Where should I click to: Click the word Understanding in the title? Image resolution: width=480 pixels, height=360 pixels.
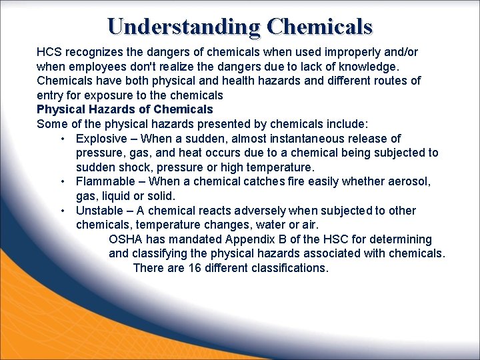coord(183,26)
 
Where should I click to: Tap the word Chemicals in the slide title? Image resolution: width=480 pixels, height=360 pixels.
coord(319,26)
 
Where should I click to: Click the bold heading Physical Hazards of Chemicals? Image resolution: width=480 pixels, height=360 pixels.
coord(125,109)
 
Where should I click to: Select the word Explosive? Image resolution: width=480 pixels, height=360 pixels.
coord(101,139)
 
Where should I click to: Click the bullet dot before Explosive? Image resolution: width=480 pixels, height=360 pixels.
coord(61,139)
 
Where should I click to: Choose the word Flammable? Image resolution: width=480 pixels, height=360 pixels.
coord(103,181)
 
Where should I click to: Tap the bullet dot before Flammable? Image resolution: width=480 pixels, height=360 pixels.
coord(61,181)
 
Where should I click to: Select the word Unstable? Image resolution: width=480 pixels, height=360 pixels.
coord(99,211)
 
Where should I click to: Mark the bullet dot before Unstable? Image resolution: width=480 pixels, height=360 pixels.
coord(61,211)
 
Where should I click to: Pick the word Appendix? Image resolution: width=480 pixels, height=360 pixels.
coord(251,239)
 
